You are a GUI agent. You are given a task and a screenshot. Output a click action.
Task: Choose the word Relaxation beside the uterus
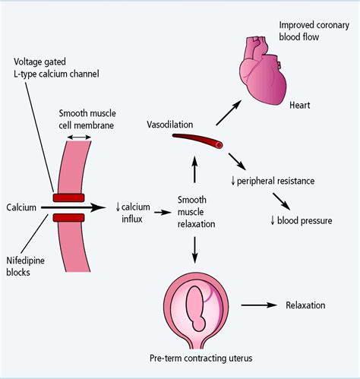(305, 305)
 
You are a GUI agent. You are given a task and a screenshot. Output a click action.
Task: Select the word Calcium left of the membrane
(22, 207)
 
